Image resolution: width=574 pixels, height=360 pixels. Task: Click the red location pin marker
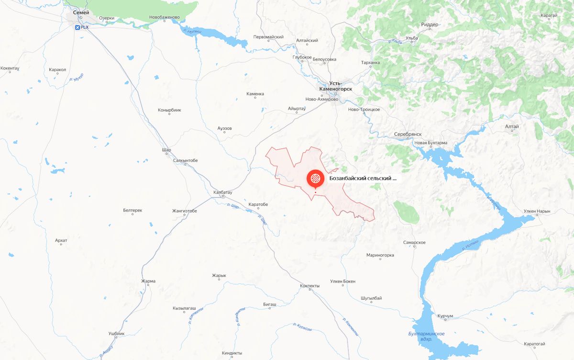pos(315,179)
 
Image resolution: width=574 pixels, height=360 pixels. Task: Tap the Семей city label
pos(81,12)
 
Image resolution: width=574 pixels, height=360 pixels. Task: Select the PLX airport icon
pos(77,27)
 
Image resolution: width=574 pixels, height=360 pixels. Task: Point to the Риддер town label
pos(429,24)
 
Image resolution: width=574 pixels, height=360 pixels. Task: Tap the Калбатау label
pos(222,192)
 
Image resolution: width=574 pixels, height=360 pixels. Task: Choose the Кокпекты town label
pos(309,286)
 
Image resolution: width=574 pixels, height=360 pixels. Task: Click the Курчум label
pos(445,316)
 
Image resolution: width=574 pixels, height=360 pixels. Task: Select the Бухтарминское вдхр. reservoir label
pos(423,336)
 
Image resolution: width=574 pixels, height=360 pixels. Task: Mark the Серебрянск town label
pos(408,135)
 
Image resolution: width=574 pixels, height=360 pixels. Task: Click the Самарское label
pos(414,243)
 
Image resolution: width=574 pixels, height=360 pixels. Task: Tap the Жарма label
pos(148,281)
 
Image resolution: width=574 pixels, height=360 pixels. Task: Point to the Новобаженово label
pos(165,18)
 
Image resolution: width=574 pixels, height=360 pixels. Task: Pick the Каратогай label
pos(534,344)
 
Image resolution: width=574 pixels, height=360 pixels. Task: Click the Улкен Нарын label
pos(537,211)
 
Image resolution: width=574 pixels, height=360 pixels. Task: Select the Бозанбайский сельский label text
pos(363,179)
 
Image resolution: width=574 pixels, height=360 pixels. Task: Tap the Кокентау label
pos(10,68)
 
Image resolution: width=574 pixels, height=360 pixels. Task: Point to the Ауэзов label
pos(224,129)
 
